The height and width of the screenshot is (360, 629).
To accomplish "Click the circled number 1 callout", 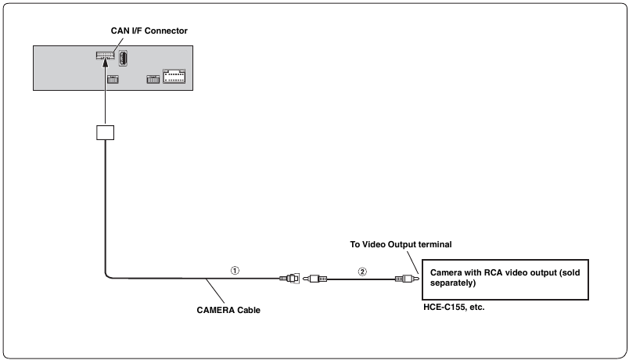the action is pos(235,271).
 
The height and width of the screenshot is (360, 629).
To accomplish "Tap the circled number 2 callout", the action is pos(362,272).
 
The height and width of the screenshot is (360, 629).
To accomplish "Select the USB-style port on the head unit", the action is pos(123,58).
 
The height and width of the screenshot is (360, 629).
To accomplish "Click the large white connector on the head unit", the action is pos(174,76).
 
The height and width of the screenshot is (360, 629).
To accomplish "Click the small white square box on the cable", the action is pos(105,132).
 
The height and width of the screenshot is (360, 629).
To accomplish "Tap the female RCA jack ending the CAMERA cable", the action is pos(289,278).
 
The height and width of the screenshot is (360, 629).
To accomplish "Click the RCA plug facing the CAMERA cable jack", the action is pos(315,279).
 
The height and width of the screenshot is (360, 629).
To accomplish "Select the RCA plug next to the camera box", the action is pos(407,279).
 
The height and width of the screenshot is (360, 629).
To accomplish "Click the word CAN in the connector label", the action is pos(120,31).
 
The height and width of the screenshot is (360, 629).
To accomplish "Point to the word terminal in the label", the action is pos(435,244).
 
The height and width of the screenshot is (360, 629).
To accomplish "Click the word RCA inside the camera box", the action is pos(493,272).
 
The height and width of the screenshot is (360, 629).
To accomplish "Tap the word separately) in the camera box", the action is pos(453,283).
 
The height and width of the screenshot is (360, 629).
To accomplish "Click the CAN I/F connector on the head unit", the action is pos(105,55).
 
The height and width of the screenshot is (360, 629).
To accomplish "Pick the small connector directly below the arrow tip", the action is pos(113,79).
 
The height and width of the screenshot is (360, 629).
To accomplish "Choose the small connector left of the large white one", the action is pos(153,79).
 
